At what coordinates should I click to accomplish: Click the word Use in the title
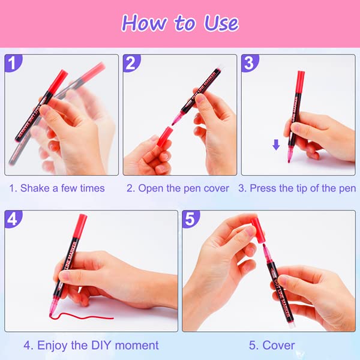(221, 23)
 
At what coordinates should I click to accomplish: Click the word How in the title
(144, 23)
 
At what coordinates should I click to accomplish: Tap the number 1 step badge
(13, 62)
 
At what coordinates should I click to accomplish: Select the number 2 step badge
(131, 62)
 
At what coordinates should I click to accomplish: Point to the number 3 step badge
(250, 62)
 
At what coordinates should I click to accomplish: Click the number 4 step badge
(13, 219)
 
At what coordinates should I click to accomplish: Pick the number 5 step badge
(191, 219)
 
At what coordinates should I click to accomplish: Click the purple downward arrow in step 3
(276, 145)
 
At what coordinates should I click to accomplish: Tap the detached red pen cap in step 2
(166, 136)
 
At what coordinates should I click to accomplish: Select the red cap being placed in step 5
(258, 230)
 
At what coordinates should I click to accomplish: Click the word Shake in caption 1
(35, 188)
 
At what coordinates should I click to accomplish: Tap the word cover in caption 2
(216, 188)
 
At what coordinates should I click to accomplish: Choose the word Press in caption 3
(262, 188)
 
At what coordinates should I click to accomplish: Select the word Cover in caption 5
(278, 346)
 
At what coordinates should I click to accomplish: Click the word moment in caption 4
(137, 346)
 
